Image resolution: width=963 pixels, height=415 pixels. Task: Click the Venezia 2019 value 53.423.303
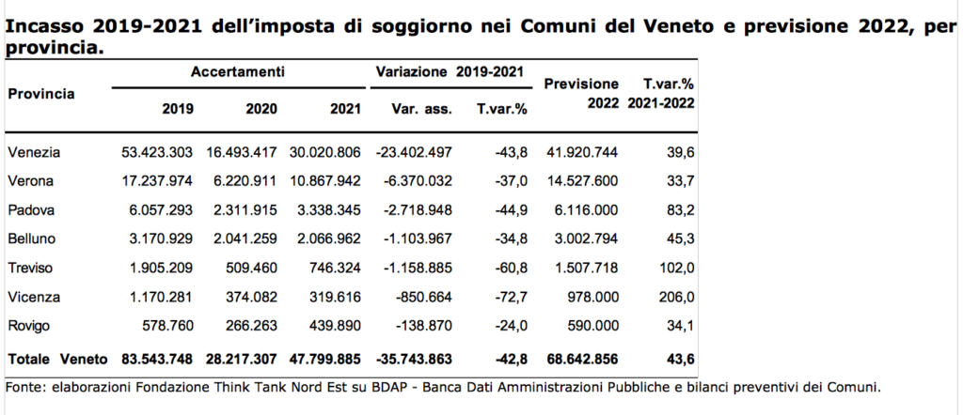pyautogui.click(x=157, y=153)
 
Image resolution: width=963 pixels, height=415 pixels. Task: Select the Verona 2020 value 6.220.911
pyautogui.click(x=246, y=181)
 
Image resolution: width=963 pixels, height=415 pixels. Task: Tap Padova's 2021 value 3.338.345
pyautogui.click(x=329, y=210)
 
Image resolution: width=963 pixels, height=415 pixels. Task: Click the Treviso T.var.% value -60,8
pyautogui.click(x=511, y=268)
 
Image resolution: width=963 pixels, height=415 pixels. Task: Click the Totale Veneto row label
pyautogui.click(x=57, y=359)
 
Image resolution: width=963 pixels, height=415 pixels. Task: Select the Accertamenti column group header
pyautogui.click(x=238, y=71)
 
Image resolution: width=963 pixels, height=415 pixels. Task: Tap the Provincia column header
pyautogui.click(x=41, y=95)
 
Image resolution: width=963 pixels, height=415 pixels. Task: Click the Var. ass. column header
pyautogui.click(x=421, y=110)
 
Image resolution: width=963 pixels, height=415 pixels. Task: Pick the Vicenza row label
pyautogui.click(x=34, y=298)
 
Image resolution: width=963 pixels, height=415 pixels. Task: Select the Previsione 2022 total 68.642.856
pyautogui.click(x=582, y=359)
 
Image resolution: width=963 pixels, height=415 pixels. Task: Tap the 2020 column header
pyautogui.click(x=261, y=110)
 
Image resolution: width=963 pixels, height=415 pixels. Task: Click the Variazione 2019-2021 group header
pyautogui.click(x=450, y=71)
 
